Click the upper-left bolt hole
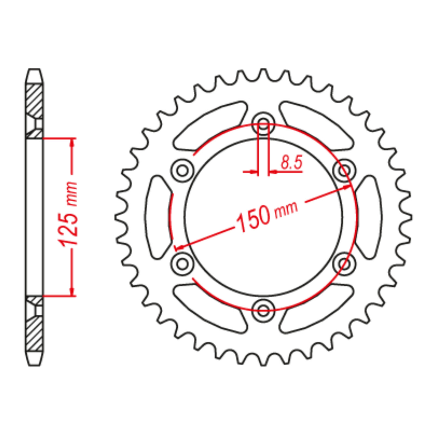click(183, 171)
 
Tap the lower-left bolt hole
click(183, 264)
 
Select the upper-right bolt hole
click(344, 171)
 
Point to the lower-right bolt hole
click(344, 264)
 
